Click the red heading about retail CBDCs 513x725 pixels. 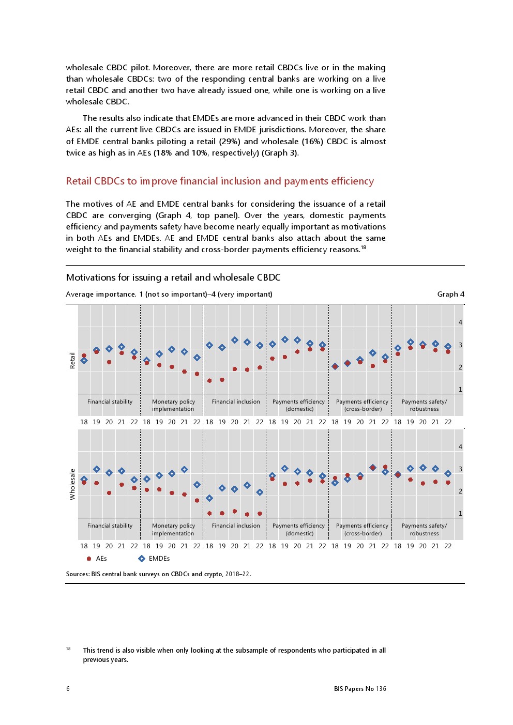point(220,181)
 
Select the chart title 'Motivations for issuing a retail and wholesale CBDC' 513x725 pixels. point(173,277)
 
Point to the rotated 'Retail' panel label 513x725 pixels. point(72,360)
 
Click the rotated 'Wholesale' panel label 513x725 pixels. point(72,484)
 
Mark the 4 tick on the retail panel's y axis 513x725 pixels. point(460,322)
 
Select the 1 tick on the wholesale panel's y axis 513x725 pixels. point(460,514)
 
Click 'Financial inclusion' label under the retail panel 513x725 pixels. point(236,402)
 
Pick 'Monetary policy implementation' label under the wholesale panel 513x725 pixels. point(173,530)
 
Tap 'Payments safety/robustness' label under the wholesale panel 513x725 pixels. point(424,530)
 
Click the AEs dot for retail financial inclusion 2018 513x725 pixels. point(209,381)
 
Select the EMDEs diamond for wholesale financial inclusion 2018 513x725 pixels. point(209,498)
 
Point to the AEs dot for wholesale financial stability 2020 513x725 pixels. point(109,493)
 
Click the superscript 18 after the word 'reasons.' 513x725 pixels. point(364,247)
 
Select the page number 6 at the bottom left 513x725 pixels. point(68,689)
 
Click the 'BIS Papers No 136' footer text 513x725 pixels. point(360,689)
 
